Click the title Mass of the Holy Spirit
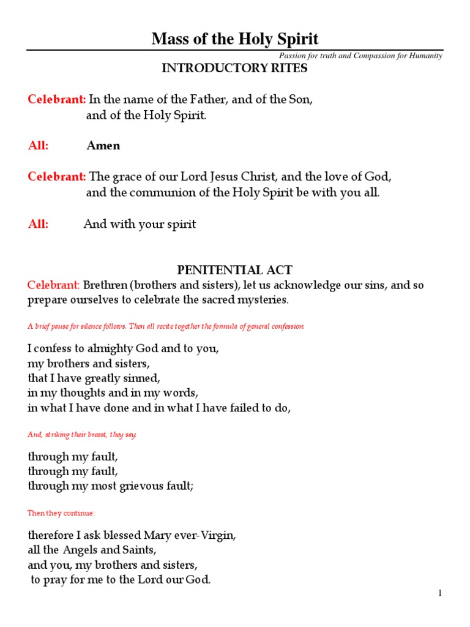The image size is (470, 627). pos(235,40)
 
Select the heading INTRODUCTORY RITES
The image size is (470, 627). pos(234,69)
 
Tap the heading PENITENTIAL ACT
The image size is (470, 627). pos(234,270)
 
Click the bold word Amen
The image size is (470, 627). pos(103,146)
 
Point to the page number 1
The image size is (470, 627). pos(439,593)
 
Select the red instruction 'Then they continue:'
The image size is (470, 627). pos(61,513)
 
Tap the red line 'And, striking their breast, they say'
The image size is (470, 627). pos(83,435)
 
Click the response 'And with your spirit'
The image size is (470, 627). pos(140,224)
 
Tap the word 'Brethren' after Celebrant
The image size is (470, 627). pos(104,285)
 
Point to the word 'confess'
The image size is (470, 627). pos(53,349)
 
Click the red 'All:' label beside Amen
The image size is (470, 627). pos(38,146)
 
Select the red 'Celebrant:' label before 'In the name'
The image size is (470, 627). pos(57,99)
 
